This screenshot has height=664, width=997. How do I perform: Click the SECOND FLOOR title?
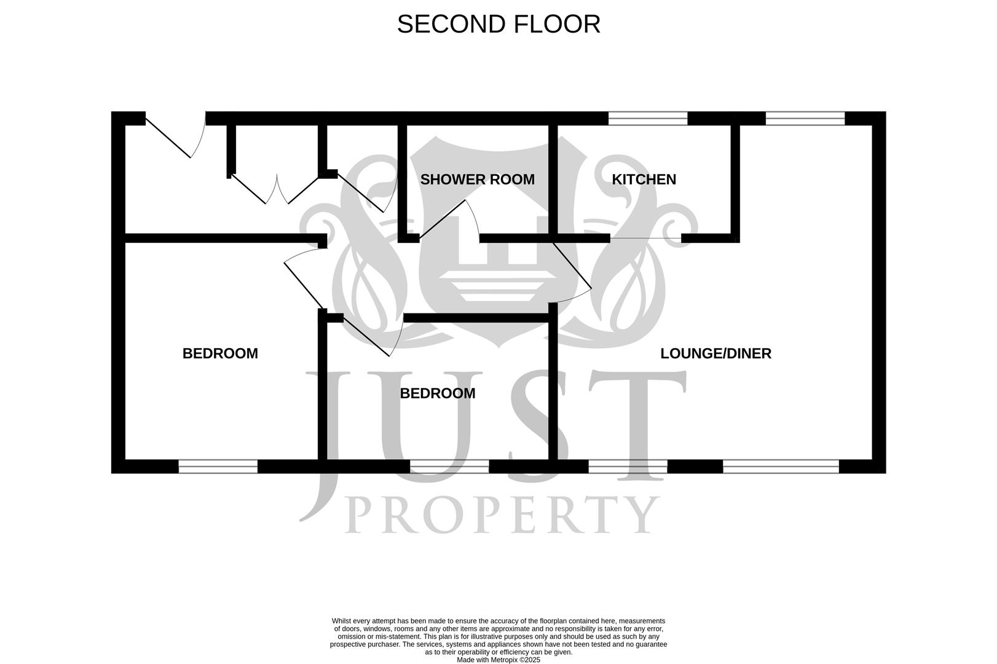click(498, 25)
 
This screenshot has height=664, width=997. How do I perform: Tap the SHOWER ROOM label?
click(477, 180)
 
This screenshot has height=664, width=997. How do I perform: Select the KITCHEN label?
click(644, 180)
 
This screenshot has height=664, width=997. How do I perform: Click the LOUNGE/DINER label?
click(715, 354)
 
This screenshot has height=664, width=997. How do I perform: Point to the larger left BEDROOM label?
click(220, 354)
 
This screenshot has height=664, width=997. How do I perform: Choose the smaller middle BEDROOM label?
click(437, 393)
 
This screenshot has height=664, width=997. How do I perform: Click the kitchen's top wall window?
click(647, 118)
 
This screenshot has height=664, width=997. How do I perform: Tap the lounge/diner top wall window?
click(805, 118)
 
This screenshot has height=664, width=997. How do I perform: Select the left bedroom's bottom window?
click(218, 467)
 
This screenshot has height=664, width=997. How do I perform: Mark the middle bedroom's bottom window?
click(449, 467)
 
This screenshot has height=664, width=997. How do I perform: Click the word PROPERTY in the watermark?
click(501, 515)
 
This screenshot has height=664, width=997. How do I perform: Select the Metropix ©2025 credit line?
click(498, 660)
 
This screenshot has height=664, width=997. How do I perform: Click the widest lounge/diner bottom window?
click(781, 467)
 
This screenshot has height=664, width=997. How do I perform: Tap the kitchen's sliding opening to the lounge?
click(645, 238)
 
